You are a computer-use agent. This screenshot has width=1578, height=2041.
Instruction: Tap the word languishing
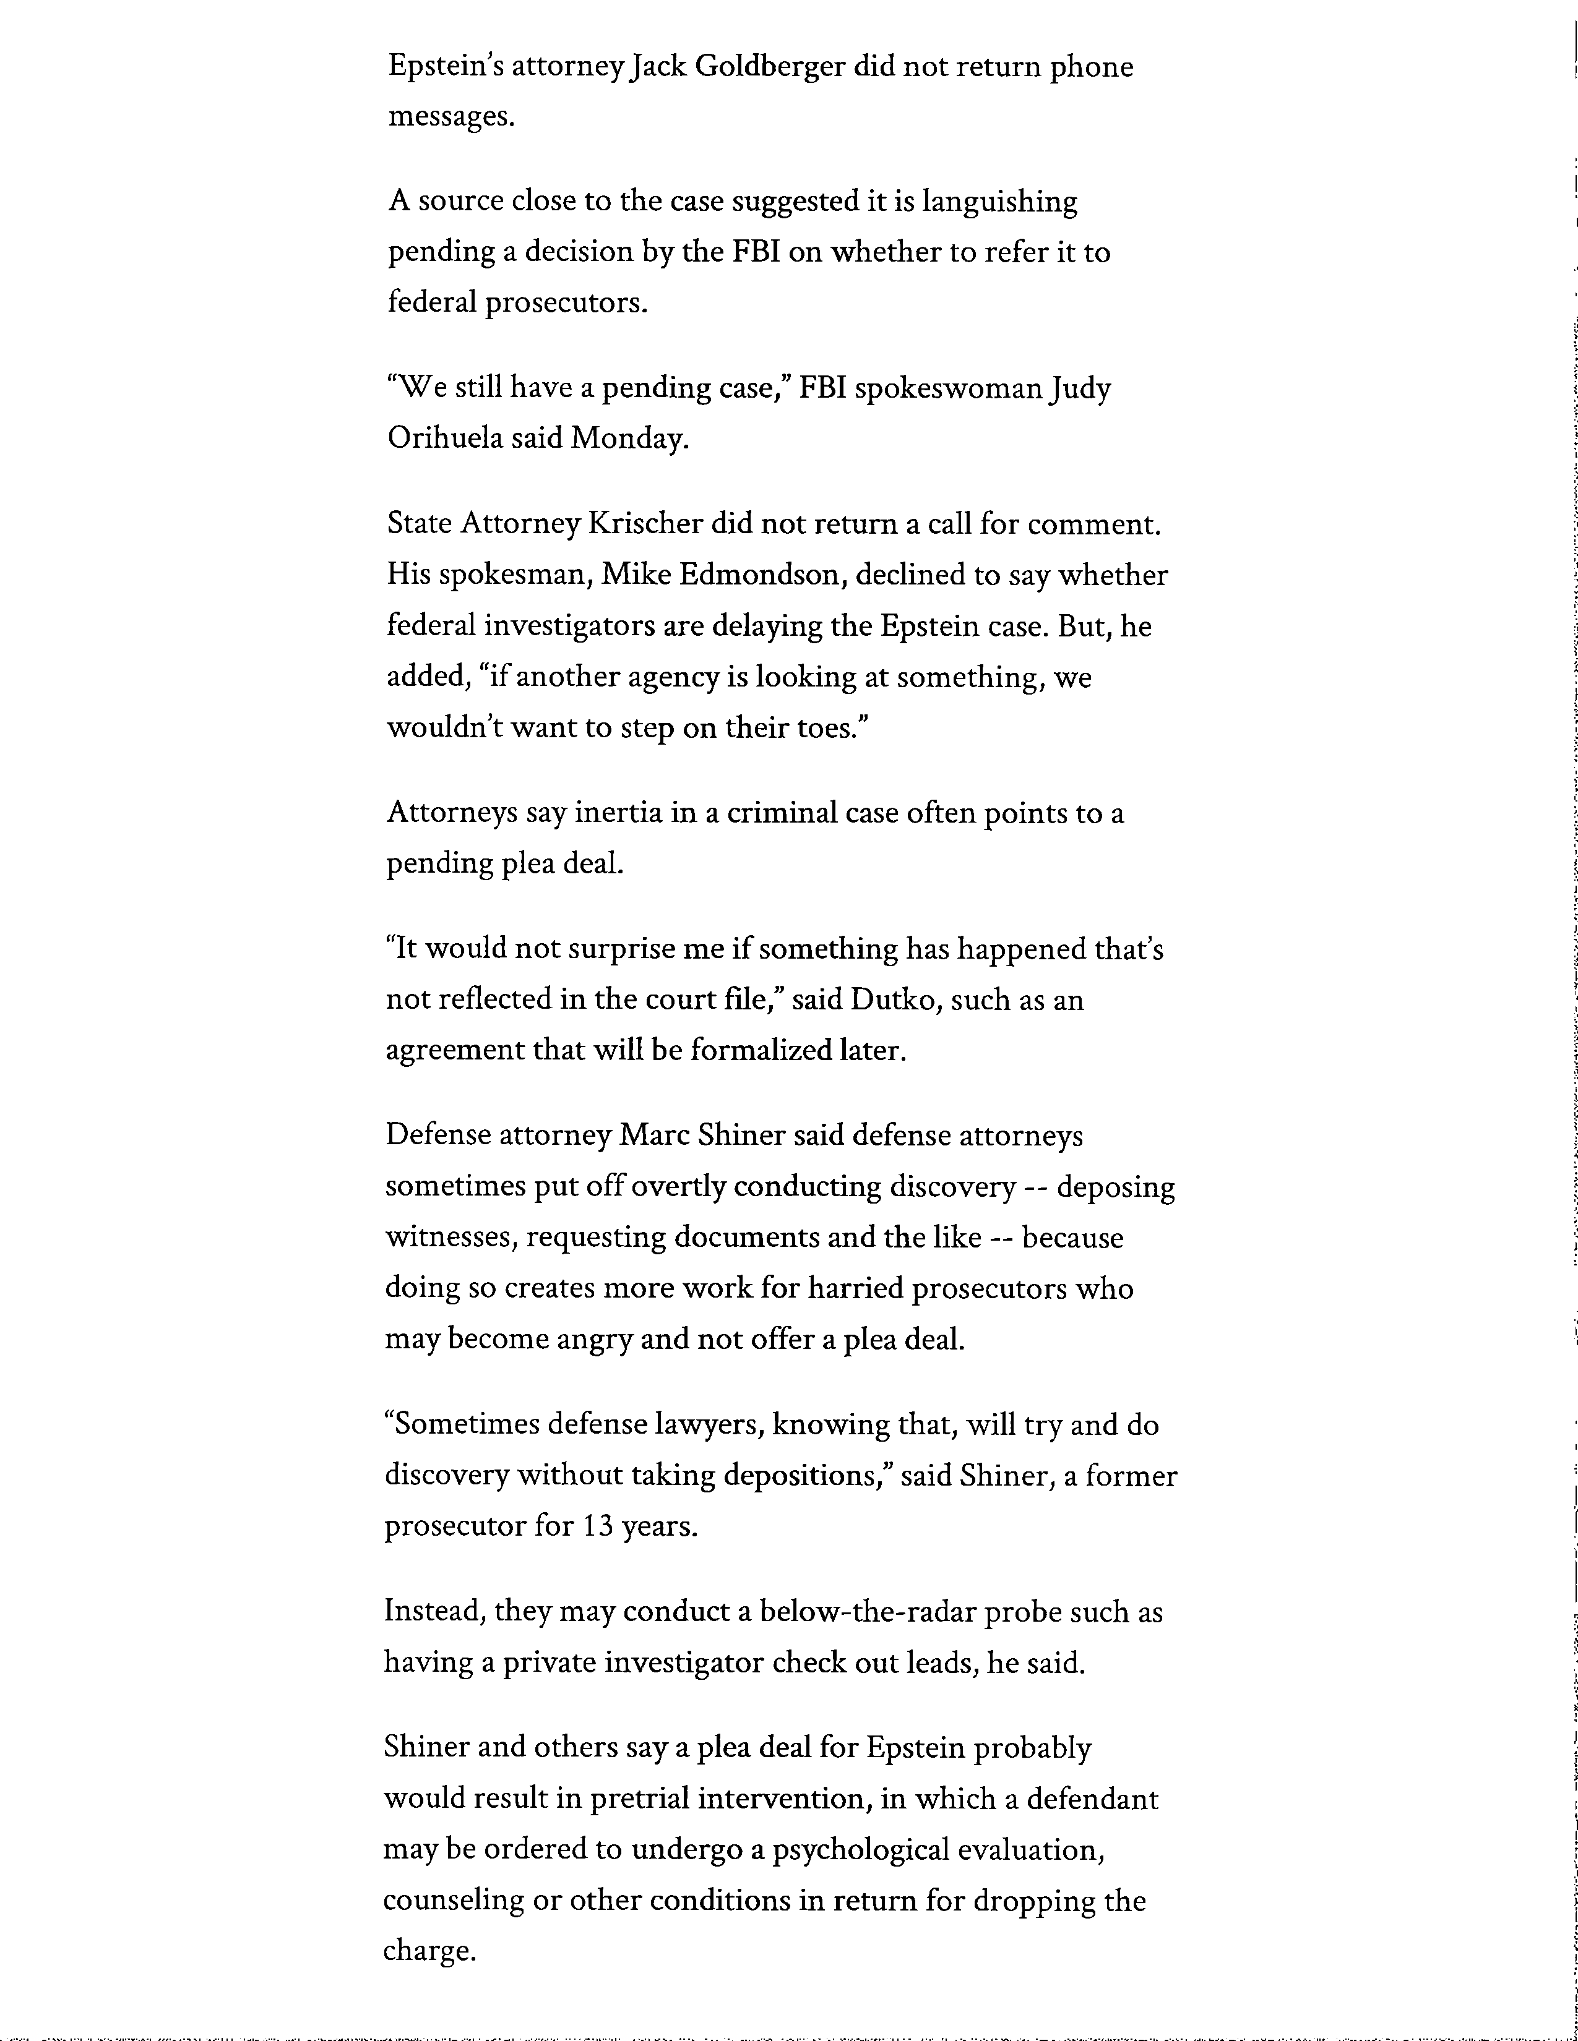[999, 202]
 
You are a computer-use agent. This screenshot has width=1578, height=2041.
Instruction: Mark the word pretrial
[639, 1799]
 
